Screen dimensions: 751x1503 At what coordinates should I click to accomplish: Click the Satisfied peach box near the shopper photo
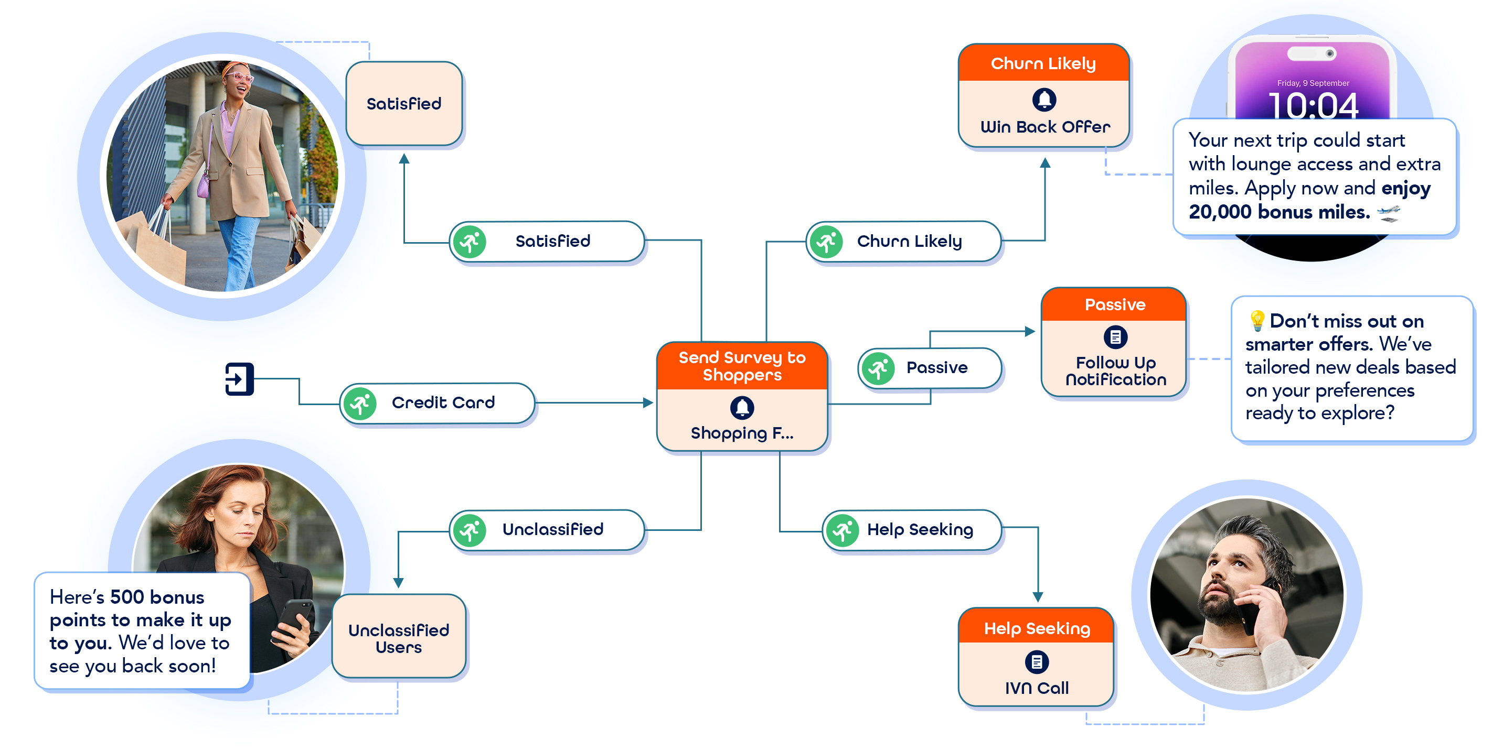(404, 104)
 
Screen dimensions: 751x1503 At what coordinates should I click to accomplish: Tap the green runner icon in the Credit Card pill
(360, 404)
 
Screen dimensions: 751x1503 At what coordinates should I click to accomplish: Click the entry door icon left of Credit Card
(239, 379)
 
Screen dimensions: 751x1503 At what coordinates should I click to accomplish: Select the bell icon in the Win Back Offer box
(1044, 100)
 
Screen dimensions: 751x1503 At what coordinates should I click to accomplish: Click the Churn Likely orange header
(1043, 63)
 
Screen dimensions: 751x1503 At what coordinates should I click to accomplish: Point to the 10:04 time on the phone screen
(1313, 106)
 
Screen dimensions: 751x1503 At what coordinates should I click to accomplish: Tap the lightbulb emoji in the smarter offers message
(1256, 320)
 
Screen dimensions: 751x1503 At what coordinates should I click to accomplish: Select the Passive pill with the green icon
(931, 368)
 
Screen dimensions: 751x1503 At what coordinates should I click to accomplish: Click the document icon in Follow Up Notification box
(1115, 337)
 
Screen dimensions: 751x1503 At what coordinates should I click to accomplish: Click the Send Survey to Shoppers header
(742, 366)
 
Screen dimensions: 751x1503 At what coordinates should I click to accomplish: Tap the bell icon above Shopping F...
(742, 408)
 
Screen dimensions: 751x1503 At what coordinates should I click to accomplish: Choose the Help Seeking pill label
(920, 529)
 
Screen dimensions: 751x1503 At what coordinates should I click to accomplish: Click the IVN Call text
(1036, 688)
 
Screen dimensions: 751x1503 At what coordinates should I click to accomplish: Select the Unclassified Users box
(399, 638)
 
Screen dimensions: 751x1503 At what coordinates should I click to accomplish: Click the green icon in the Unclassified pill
(470, 530)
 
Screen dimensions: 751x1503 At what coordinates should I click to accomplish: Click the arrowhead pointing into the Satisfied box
(404, 159)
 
